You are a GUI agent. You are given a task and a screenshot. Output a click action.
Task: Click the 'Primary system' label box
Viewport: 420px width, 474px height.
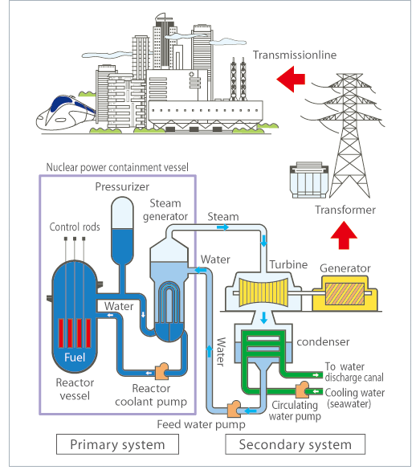point(117,444)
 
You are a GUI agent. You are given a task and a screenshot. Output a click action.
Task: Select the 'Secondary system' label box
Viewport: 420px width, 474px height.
point(296,444)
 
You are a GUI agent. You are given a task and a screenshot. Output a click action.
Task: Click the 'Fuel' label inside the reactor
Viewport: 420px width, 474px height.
point(76,356)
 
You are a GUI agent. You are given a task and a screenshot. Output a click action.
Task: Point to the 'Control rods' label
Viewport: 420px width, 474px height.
point(75,227)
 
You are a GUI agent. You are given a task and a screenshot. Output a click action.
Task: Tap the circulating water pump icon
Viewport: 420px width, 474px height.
point(302,390)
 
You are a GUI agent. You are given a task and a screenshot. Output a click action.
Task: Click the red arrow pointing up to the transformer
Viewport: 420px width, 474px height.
point(344,237)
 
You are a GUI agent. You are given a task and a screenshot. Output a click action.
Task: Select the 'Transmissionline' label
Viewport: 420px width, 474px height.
point(294,55)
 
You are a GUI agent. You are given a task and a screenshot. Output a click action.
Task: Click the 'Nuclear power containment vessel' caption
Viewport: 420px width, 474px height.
point(117,168)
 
